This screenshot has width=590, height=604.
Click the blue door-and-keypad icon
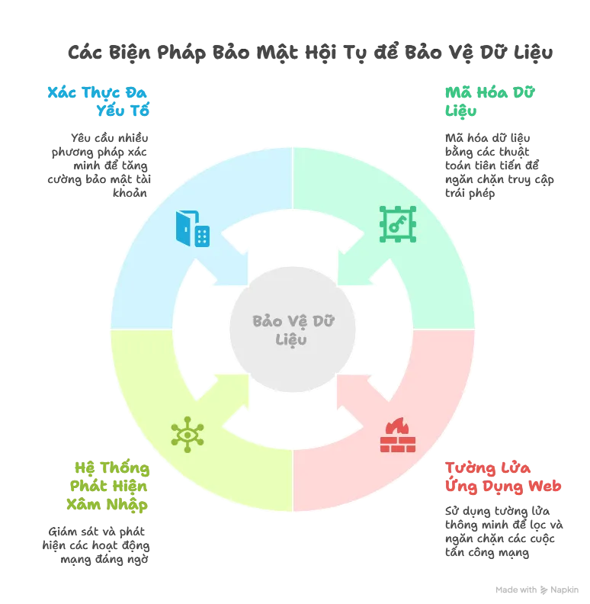coord(193,229)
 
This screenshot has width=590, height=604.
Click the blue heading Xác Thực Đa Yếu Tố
coord(99,101)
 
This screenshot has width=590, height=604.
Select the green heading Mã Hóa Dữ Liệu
coord(490,101)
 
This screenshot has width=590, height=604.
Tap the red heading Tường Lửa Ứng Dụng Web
coord(502,477)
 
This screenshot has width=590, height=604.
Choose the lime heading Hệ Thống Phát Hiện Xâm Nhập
coord(107,485)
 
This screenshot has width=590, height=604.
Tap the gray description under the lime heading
coord(98,545)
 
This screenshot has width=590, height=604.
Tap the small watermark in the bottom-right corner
coord(536,592)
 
